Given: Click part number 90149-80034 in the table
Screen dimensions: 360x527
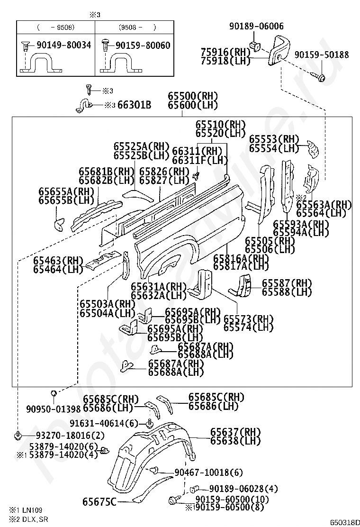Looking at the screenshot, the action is pyautogui.click(x=64, y=45).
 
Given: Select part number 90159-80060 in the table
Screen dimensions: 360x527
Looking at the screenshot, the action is pyautogui.click(x=143, y=45).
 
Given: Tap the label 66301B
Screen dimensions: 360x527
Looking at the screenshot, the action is pyautogui.click(x=134, y=105).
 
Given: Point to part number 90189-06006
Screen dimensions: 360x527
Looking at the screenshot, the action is pyautogui.click(x=256, y=26).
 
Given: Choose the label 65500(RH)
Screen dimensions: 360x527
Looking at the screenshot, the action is pyautogui.click(x=193, y=96).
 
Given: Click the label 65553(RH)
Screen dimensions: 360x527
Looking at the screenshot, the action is pyautogui.click(x=274, y=139).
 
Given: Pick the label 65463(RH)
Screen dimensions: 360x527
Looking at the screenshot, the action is pyautogui.click(x=58, y=261).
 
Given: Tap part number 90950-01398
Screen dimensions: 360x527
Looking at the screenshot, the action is pyautogui.click(x=54, y=409).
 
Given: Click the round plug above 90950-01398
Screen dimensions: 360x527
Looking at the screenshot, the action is pyautogui.click(x=53, y=392).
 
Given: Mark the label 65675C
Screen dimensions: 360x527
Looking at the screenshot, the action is pyautogui.click(x=99, y=502).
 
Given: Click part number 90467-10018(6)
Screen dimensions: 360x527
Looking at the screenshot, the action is pyautogui.click(x=208, y=472).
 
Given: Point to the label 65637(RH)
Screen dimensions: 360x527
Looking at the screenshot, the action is pyautogui.click(x=235, y=432).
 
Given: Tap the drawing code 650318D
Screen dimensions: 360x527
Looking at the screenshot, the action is pyautogui.click(x=344, y=522).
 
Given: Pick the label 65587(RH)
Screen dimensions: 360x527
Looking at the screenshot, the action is pyautogui.click(x=287, y=283).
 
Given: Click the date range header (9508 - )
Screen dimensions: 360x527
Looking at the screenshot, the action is pyautogui.click(x=138, y=27).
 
